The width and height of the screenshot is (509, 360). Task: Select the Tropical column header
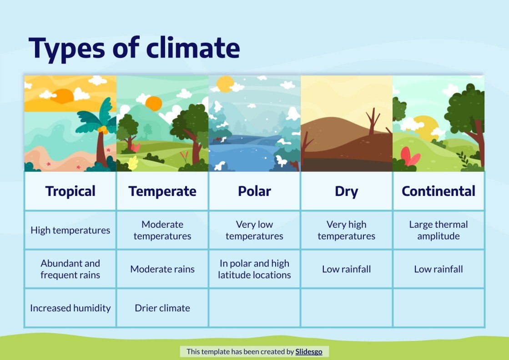point(71,191)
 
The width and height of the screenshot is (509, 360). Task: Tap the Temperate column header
point(162,191)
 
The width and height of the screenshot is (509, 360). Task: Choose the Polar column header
point(254,191)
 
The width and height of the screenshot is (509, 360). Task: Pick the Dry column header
point(346,191)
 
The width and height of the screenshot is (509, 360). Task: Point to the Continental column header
point(438,191)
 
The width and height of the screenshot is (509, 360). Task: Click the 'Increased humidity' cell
point(71,308)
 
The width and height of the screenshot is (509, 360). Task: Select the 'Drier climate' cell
point(162,308)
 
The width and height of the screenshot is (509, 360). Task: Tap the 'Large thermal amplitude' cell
point(438,230)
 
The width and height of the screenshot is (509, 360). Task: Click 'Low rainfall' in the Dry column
point(346,269)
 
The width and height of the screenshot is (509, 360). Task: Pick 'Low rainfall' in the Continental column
point(438,269)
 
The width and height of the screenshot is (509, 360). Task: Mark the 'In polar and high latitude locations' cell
point(254,269)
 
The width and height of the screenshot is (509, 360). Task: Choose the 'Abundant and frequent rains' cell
point(71,269)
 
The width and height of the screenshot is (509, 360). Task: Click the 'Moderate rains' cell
point(162,269)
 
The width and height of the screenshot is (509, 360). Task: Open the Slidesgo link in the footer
point(309,351)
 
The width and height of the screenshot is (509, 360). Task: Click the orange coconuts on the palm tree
point(104,130)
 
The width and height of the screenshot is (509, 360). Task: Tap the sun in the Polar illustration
point(225,84)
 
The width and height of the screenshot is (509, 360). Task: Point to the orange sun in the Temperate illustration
point(154,104)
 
